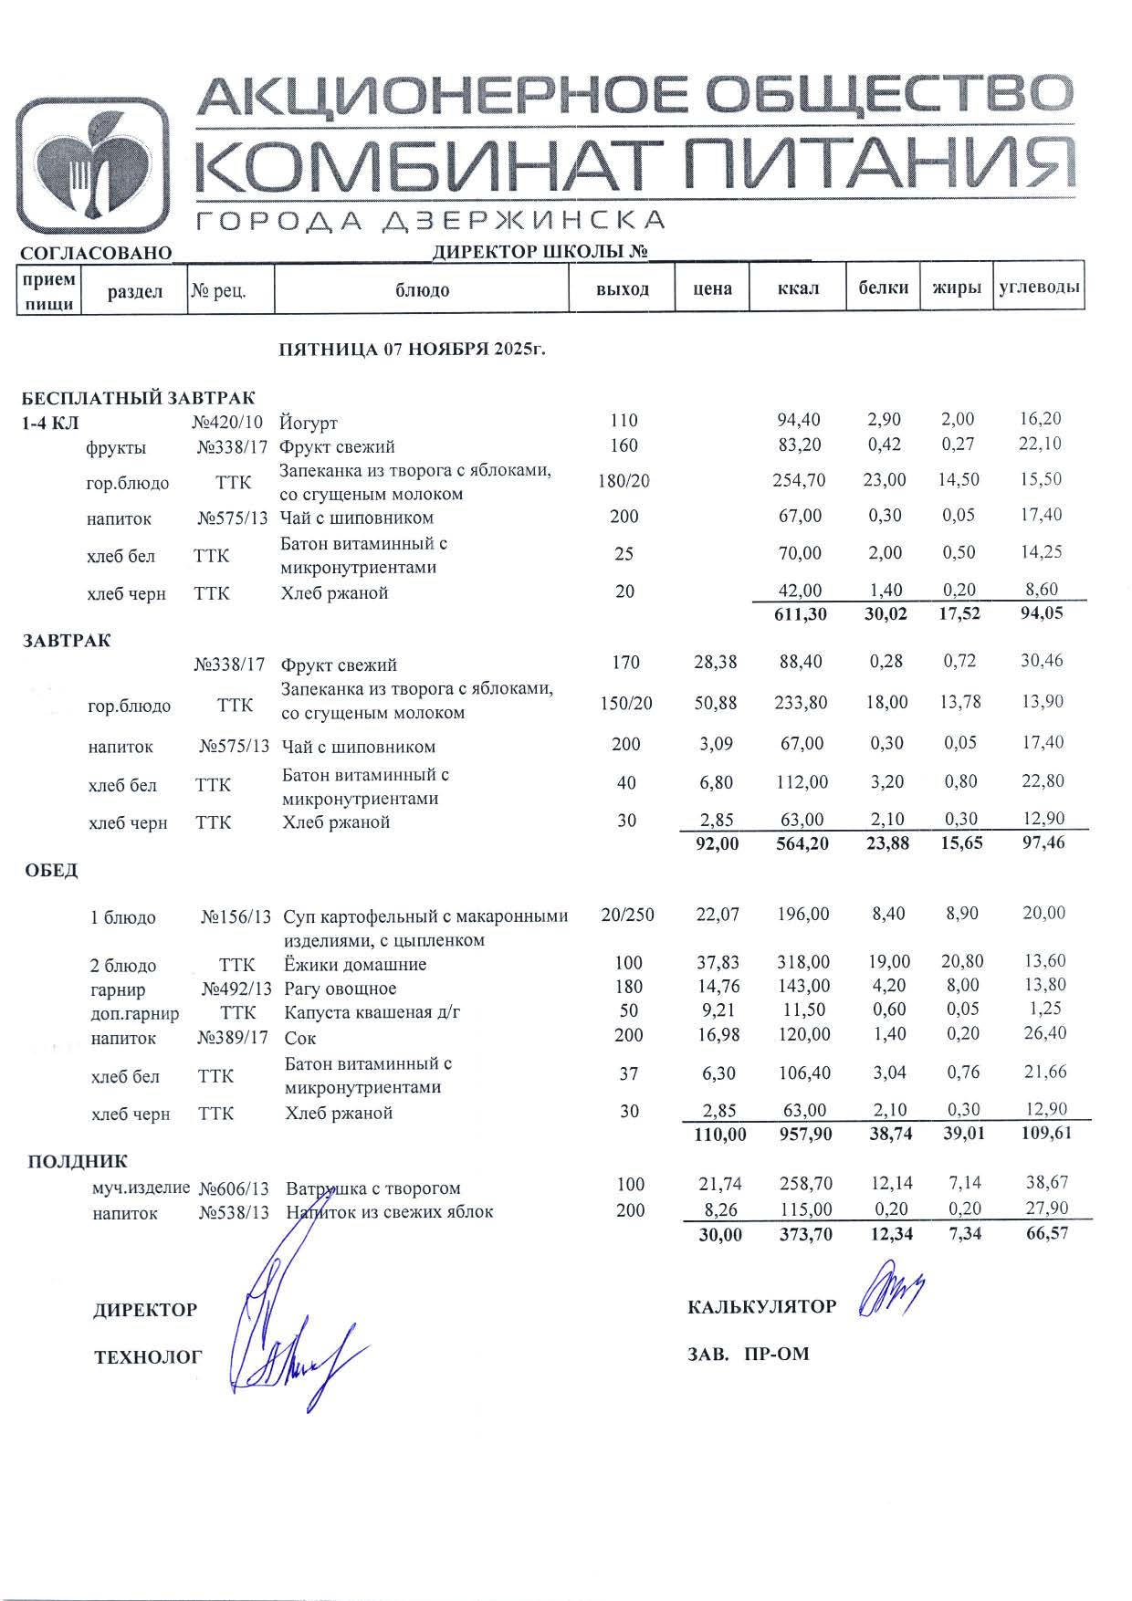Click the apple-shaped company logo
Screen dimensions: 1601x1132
pos(93,166)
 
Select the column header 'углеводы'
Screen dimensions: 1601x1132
pos(1040,288)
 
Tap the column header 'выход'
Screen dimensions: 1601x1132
pos(623,289)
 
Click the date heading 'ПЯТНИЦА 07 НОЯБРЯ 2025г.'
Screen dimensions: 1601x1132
pos(412,350)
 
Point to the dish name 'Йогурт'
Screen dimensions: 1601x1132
pos(309,423)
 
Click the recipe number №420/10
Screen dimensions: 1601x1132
pos(227,422)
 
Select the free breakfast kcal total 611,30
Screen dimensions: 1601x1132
pos(800,614)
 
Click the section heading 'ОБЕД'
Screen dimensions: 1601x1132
pos(51,871)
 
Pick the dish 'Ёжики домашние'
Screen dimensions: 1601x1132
pos(355,965)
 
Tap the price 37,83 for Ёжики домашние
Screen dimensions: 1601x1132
pos(718,963)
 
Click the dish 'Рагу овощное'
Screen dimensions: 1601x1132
pos(341,989)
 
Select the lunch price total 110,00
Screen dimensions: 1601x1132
pos(720,1135)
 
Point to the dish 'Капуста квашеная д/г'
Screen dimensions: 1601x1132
pos(372,1012)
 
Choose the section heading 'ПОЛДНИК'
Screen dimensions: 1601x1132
pos(78,1162)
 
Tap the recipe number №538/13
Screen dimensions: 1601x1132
pos(234,1213)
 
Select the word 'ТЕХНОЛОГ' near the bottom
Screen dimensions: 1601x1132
pos(148,1357)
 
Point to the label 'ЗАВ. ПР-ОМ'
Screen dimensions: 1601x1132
pos(748,1354)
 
